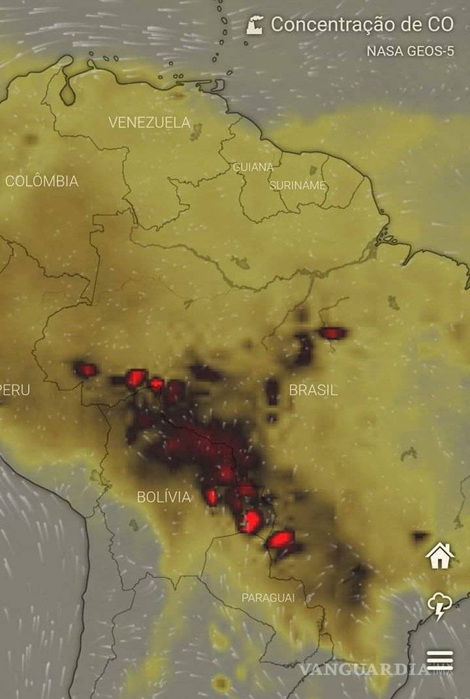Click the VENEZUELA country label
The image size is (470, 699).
coord(149,123)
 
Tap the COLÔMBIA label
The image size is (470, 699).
coord(42,181)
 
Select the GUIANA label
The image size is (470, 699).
coord(253,167)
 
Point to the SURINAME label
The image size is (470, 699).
coord(298,185)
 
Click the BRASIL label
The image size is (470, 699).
coord(313,390)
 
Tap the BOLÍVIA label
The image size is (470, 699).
coord(164,497)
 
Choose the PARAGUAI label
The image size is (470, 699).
coord(268,598)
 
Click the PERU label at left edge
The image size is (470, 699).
coord(14,390)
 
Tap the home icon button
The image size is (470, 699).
coord(440,556)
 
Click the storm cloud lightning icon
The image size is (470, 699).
coord(440,607)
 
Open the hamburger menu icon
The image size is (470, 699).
coord(440,660)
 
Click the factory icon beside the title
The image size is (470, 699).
coord(256,25)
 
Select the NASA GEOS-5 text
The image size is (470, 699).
coord(410,51)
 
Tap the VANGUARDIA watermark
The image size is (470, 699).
coord(366,670)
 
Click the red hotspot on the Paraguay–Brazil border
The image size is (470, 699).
coord(281,539)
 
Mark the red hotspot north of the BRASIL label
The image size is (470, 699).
coord(332,333)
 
